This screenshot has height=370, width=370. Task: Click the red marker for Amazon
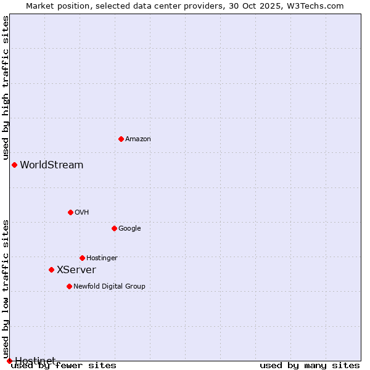121,139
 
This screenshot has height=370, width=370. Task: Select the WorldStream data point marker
14,165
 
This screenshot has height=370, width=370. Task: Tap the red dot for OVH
70,212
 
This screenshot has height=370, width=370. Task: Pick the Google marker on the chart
114,228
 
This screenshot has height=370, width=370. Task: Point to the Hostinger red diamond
82,258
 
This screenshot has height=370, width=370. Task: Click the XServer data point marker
51,269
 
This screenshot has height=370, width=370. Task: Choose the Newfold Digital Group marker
69,286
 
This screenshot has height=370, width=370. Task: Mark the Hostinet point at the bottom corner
9,361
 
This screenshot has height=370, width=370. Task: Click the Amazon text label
138,139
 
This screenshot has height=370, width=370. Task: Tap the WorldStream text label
52,165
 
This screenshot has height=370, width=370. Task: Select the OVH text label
82,213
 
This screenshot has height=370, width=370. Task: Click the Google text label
129,229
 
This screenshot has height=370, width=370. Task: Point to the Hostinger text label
102,258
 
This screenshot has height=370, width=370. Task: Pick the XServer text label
76,270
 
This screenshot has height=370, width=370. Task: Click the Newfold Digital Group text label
109,287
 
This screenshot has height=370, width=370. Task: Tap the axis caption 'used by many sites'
310,365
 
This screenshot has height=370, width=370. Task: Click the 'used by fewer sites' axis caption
64,365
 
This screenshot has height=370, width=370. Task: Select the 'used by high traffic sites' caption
6,88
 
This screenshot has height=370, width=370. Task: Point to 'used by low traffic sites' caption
6,289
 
